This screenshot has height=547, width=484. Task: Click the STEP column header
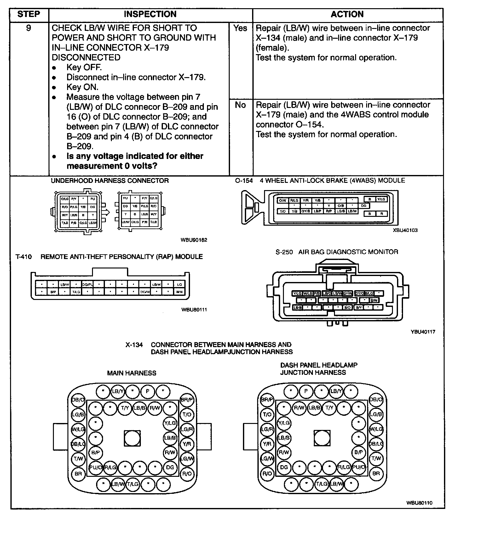pyautogui.click(x=29, y=14)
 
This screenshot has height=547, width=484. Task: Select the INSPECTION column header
pyautogui.click(x=150, y=14)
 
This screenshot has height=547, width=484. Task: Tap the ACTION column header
pyautogui.click(x=347, y=14)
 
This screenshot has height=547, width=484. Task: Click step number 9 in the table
pyautogui.click(x=29, y=28)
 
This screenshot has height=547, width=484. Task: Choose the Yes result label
pyautogui.click(x=240, y=28)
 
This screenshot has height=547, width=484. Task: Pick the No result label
pyautogui.click(x=240, y=105)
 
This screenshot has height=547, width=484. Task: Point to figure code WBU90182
pyautogui.click(x=194, y=240)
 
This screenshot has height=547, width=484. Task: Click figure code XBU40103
pyautogui.click(x=405, y=230)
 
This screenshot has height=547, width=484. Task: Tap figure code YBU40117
pyautogui.click(x=423, y=332)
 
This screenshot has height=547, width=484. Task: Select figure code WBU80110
pyautogui.click(x=419, y=503)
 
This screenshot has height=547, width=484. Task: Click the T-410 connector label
pyautogui.click(x=24, y=257)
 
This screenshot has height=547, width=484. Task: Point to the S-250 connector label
pyautogui.click(x=284, y=252)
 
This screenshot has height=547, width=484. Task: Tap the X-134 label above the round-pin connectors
pyautogui.click(x=134, y=345)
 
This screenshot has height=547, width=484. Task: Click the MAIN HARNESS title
pyautogui.click(x=131, y=373)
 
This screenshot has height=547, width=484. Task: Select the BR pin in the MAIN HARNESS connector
pyautogui.click(x=78, y=473)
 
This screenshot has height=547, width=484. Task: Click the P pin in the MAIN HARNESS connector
pyautogui.click(x=147, y=392)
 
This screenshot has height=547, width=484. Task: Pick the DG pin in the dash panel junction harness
pyautogui.click(x=284, y=467)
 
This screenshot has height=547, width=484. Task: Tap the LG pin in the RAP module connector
pyautogui.click(x=180, y=285)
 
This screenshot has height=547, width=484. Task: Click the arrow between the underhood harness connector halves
pyautogui.click(x=107, y=212)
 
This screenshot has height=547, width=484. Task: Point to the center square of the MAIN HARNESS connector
pyautogui.click(x=132, y=438)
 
